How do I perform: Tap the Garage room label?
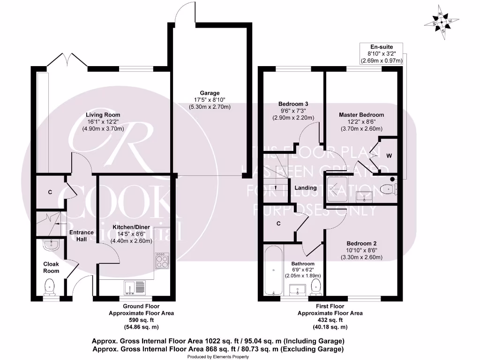tap(209, 93)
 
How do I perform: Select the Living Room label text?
tap(103, 115)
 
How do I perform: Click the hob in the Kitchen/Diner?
tap(162, 261)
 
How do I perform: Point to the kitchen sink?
tap(135, 286)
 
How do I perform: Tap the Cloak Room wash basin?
tap(50, 244)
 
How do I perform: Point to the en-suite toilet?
tap(387, 189)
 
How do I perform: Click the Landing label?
tap(305, 188)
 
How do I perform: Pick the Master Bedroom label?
tap(361, 115)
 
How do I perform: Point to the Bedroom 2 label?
tap(361, 244)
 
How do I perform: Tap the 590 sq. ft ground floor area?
tap(141, 320)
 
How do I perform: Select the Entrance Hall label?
tap(81, 236)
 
